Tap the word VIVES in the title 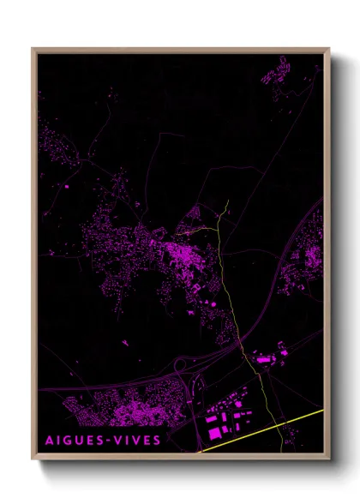137,441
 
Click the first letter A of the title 48,441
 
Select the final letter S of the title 156,441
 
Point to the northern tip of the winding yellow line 228,202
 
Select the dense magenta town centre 180,253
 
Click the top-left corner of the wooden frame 33,50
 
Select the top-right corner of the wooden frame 328,50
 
